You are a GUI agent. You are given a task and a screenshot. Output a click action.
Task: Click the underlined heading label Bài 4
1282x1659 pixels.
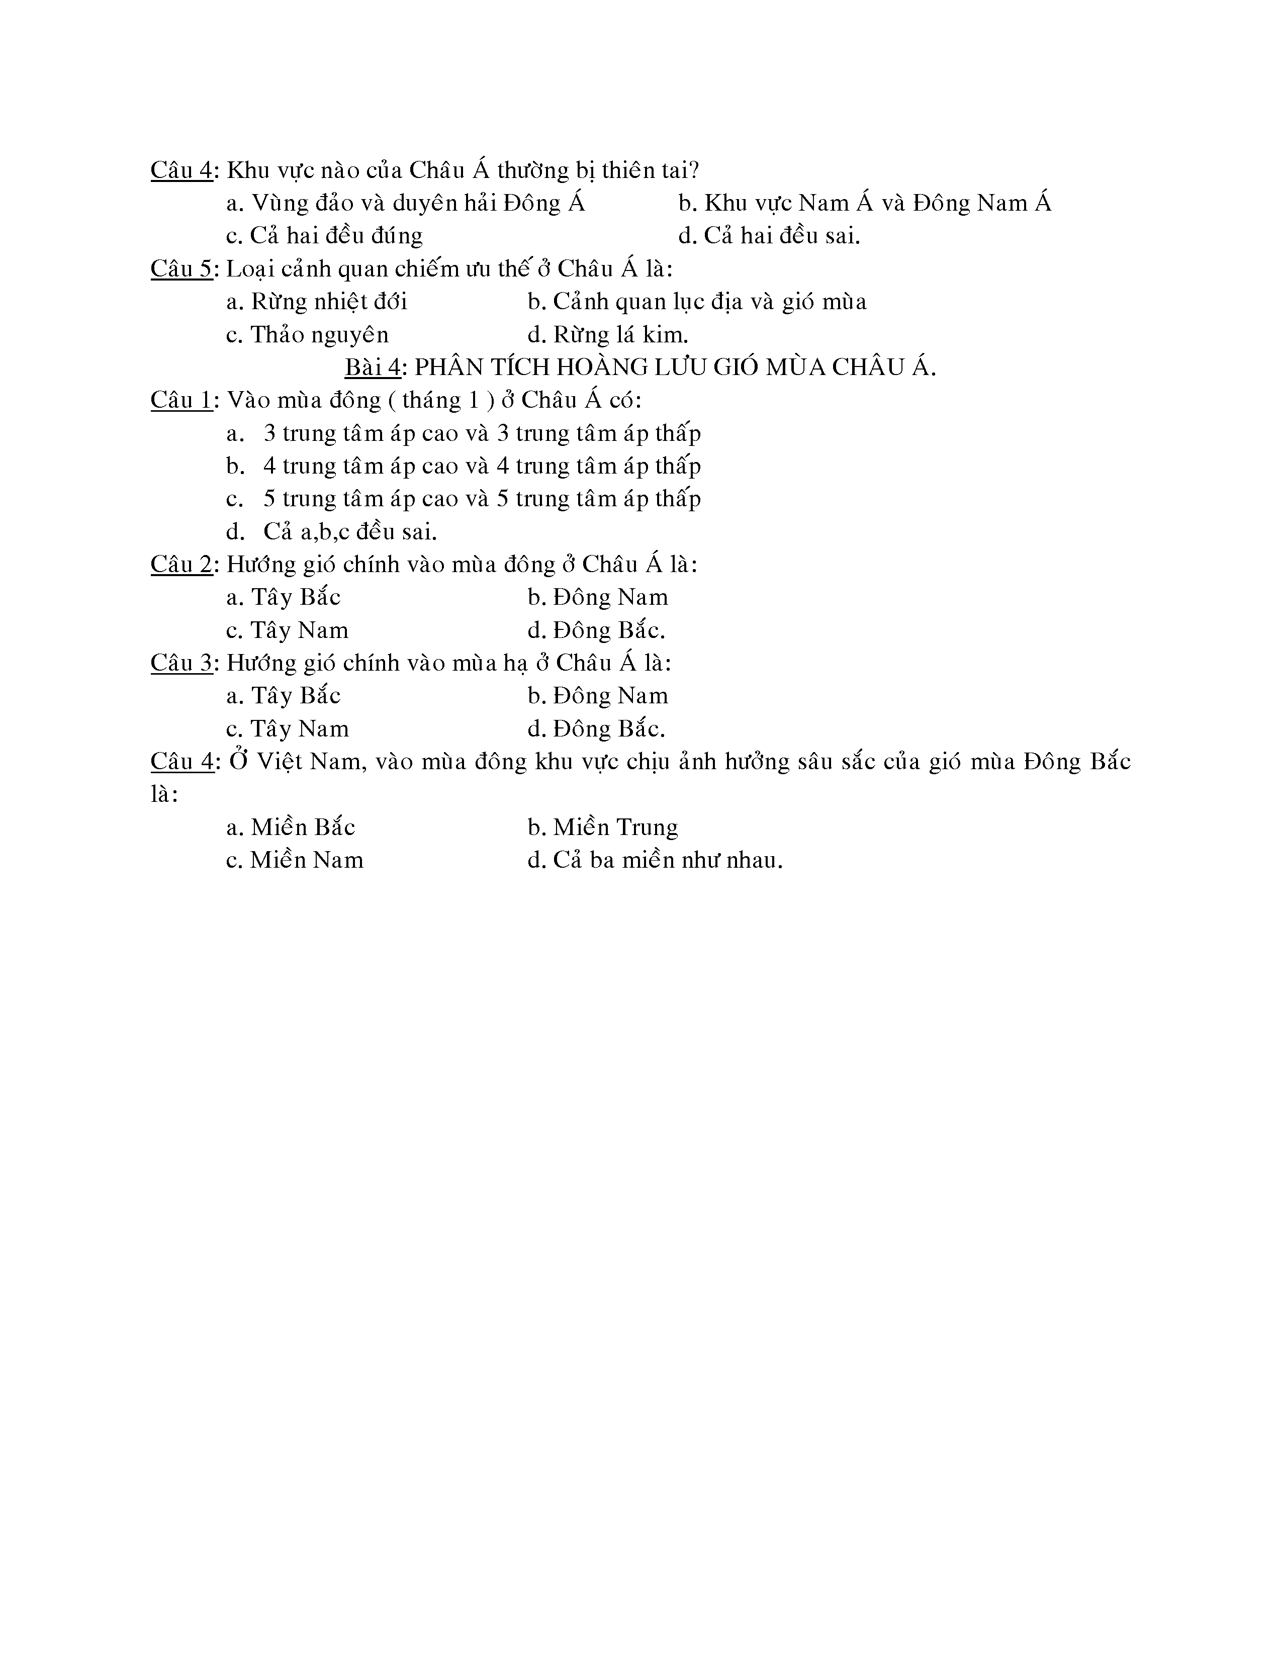tap(372, 367)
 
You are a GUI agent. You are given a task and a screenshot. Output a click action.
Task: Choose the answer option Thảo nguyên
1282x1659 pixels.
tap(308, 335)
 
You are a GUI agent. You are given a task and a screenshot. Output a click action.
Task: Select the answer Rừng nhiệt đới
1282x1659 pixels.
tap(317, 302)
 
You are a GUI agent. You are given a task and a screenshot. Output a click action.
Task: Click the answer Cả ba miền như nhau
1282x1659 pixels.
tap(655, 860)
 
